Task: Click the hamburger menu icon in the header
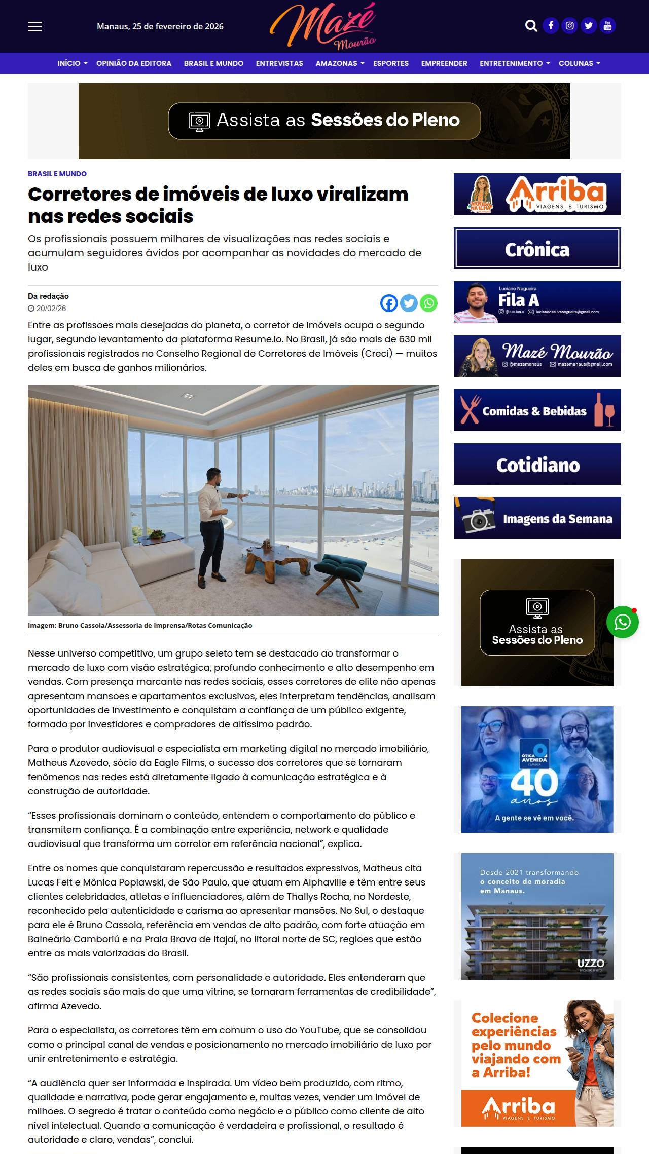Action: pyautogui.click(x=35, y=26)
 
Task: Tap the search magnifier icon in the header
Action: pyautogui.click(x=531, y=26)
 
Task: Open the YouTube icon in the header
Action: pyautogui.click(x=607, y=26)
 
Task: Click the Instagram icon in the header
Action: pyautogui.click(x=570, y=26)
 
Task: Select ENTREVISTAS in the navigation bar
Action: pyautogui.click(x=279, y=63)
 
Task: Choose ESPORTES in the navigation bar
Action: pyautogui.click(x=391, y=63)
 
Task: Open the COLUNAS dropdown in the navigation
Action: pyautogui.click(x=579, y=63)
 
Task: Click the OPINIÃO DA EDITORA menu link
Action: pyautogui.click(x=134, y=63)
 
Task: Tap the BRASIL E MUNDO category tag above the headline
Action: pyautogui.click(x=57, y=174)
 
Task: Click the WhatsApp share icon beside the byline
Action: pyautogui.click(x=429, y=303)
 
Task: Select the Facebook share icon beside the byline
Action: pyautogui.click(x=389, y=303)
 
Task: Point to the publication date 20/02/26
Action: pyautogui.click(x=51, y=309)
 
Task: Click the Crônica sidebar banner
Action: pyautogui.click(x=537, y=249)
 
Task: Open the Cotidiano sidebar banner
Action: pyautogui.click(x=537, y=465)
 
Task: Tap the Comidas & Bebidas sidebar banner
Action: pyautogui.click(x=537, y=410)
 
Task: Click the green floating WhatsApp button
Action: pyautogui.click(x=622, y=622)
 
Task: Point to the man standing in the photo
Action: pyautogui.click(x=211, y=527)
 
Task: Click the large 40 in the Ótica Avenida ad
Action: pyautogui.click(x=534, y=783)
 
